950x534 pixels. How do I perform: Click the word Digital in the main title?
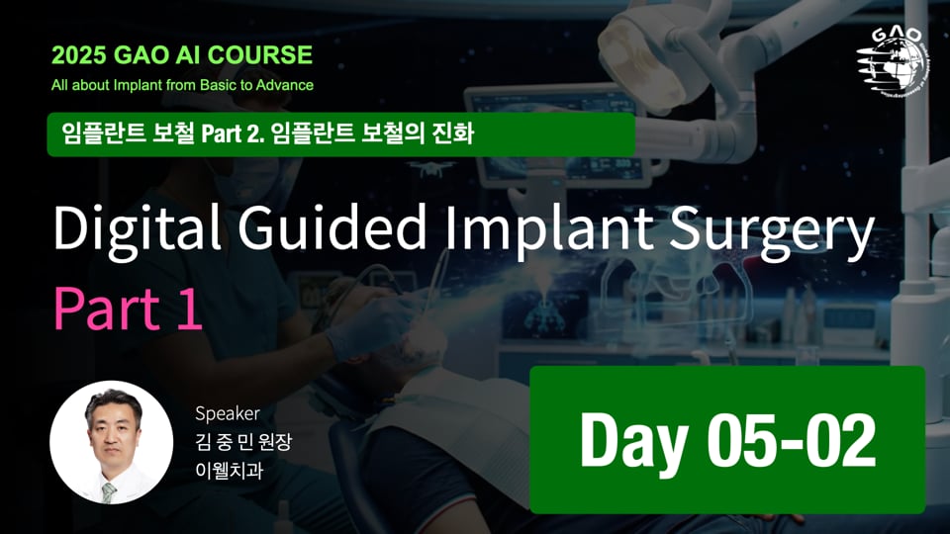pyautogui.click(x=124, y=231)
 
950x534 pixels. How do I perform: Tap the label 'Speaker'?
pyautogui.click(x=228, y=413)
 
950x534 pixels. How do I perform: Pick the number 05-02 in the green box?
pyautogui.click(x=791, y=441)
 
